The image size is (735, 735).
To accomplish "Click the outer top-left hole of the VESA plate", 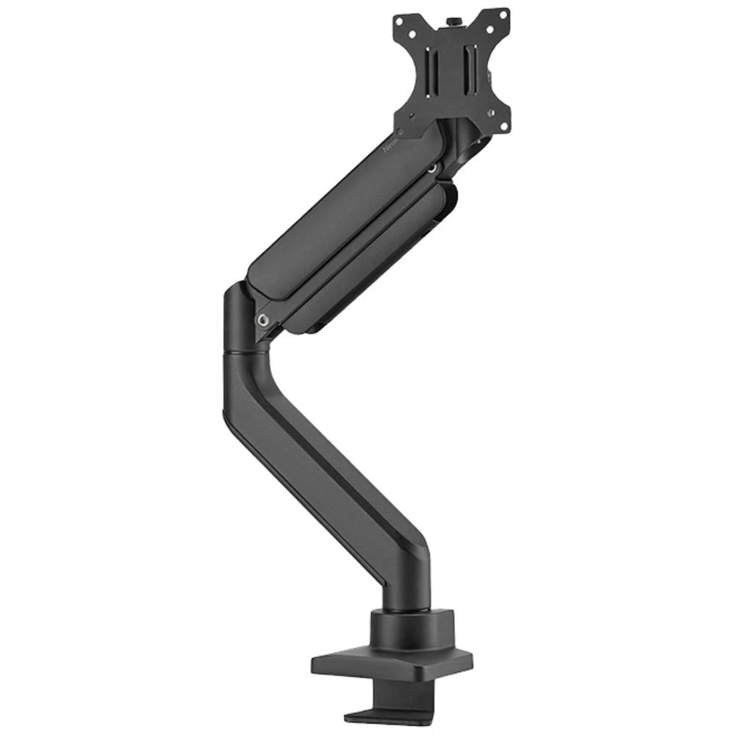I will point(399,20).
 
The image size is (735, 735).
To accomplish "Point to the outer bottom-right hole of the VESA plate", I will point(504,126).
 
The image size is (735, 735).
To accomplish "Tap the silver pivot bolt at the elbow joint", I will point(262,320).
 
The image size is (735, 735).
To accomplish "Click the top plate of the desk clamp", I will point(390,665).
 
